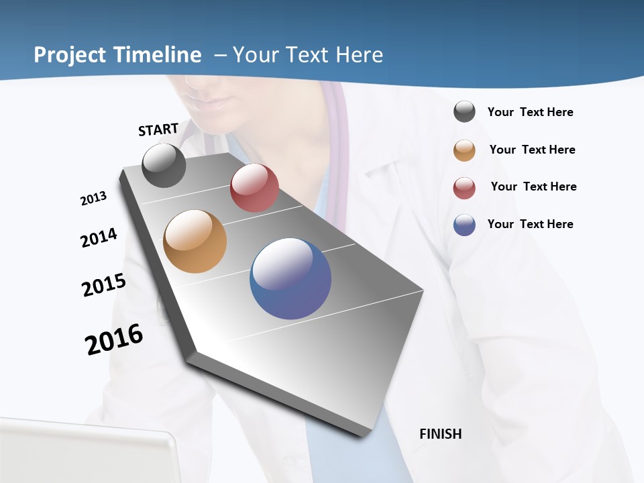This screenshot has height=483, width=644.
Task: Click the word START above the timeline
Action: [158, 129]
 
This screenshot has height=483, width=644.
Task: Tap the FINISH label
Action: [440, 434]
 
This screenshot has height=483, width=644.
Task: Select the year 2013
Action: [94, 199]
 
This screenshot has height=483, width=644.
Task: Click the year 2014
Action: [99, 237]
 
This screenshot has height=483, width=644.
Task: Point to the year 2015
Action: [104, 284]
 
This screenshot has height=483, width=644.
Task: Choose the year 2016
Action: [114, 339]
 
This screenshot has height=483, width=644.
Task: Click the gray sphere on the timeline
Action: [164, 165]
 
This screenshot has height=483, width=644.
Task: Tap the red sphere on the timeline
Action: [254, 188]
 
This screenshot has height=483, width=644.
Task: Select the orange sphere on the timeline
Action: [195, 241]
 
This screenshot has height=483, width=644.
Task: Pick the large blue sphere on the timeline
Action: [290, 278]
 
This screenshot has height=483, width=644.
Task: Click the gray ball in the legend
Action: [464, 111]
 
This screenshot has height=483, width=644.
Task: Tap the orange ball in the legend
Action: [464, 150]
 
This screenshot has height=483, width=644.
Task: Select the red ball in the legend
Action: [464, 188]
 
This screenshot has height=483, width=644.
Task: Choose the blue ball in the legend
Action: [464, 225]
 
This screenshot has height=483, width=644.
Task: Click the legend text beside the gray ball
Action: [530, 112]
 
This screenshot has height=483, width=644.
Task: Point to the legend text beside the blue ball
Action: [530, 224]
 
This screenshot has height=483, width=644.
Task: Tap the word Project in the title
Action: [71, 55]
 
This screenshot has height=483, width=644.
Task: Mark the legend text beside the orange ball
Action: [532, 150]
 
